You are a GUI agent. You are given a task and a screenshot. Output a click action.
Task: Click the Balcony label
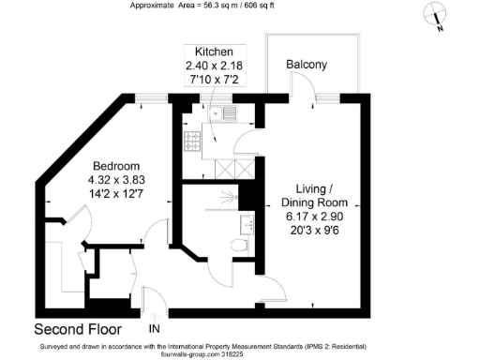(x=307, y=65)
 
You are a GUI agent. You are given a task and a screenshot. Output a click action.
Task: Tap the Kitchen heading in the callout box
(x=214, y=52)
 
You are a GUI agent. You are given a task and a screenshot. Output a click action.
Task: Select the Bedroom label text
(x=116, y=166)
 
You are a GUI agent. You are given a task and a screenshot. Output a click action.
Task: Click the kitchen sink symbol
(x=222, y=112)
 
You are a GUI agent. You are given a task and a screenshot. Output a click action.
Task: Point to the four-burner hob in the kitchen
(x=192, y=142)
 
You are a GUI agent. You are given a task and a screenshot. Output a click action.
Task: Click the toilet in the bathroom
(x=240, y=246)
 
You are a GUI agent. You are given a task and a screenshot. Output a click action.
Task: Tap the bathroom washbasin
(x=247, y=225)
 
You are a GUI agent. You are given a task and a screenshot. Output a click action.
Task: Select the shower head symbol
(x=229, y=198)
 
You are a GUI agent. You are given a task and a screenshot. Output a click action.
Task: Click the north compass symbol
(x=435, y=14)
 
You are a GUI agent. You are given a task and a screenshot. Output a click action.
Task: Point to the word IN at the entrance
(x=155, y=328)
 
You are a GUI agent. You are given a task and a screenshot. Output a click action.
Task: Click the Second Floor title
(x=78, y=329)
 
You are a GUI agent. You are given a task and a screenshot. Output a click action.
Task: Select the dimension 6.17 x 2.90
(x=314, y=217)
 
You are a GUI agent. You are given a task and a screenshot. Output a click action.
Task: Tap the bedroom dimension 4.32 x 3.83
(x=116, y=180)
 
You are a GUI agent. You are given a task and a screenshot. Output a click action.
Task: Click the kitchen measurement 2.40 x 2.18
(x=214, y=66)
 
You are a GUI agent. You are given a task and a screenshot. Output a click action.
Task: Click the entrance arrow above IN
(x=155, y=317)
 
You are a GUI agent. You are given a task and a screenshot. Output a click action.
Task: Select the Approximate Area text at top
(x=202, y=6)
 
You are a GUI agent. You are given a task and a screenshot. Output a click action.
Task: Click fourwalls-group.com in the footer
(x=191, y=354)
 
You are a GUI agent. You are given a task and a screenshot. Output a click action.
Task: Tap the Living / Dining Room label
(x=314, y=196)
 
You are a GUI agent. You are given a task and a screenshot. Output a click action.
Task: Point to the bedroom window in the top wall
(x=151, y=98)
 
